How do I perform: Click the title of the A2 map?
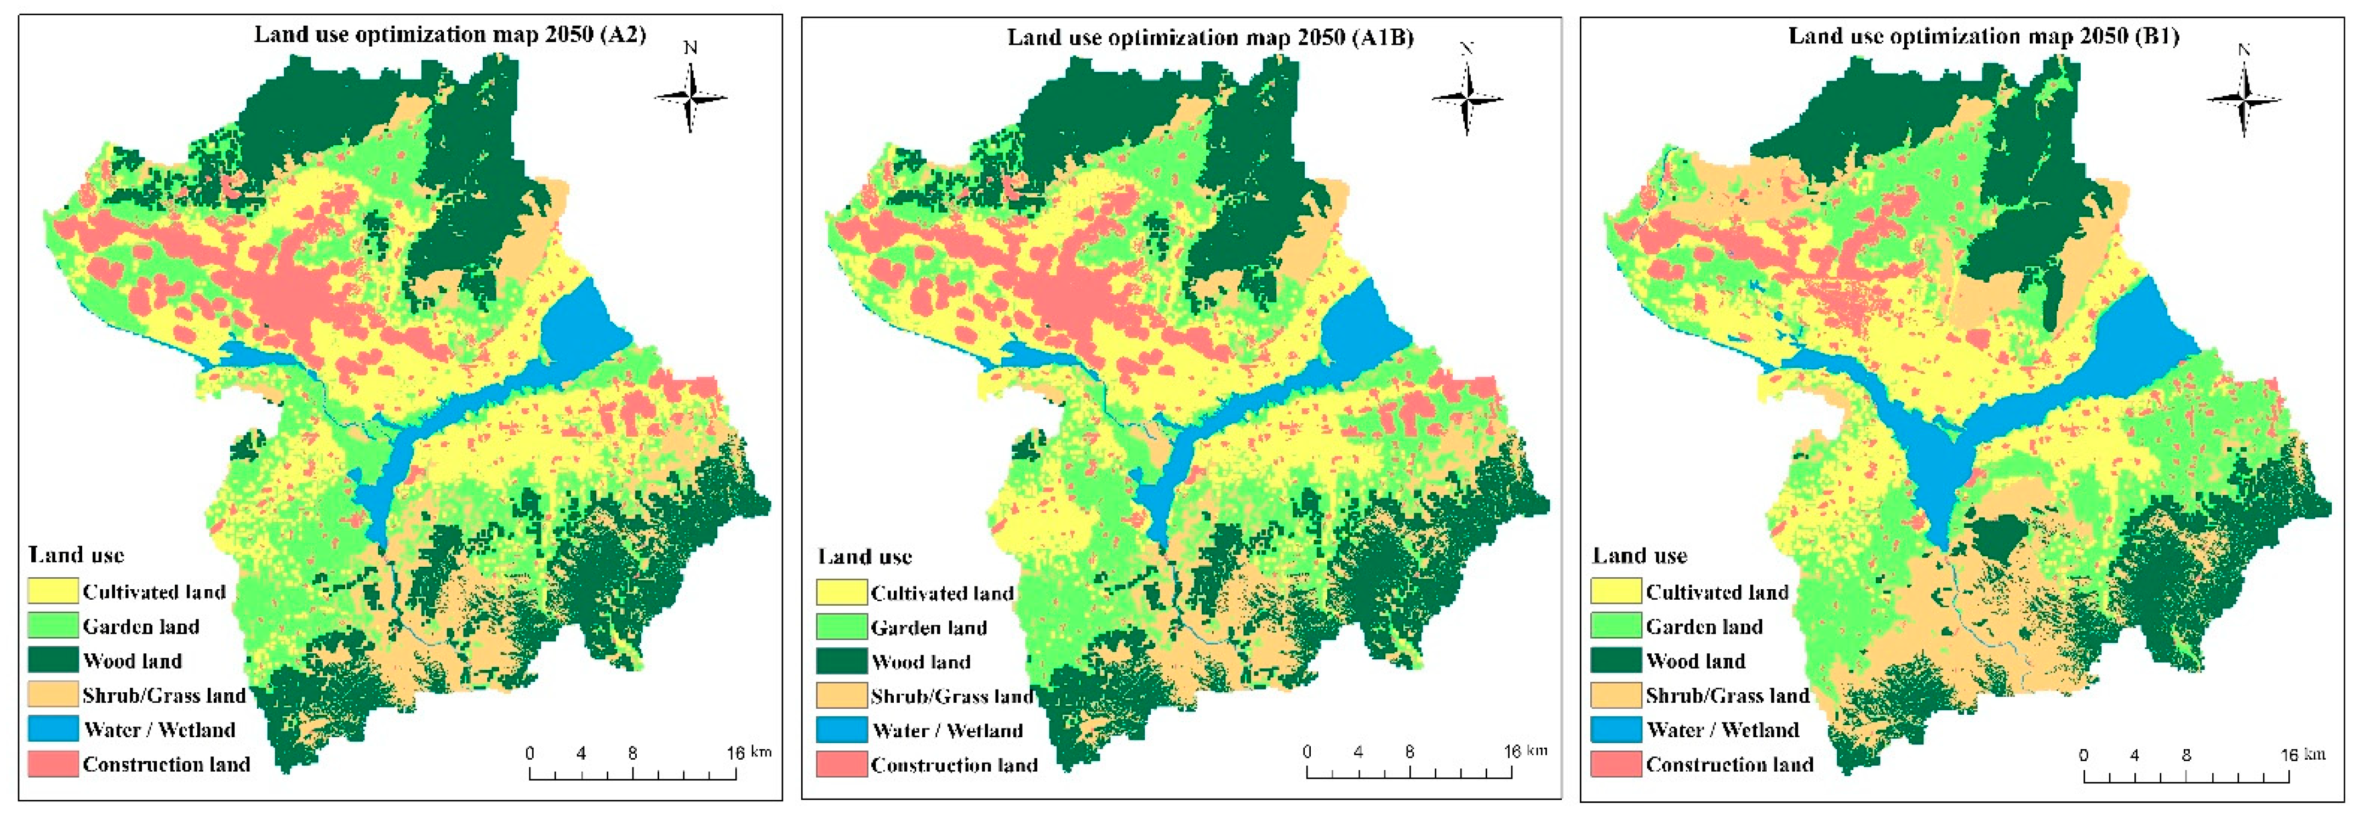coord(449,35)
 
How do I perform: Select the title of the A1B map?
coord(1210,37)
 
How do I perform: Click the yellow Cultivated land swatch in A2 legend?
coord(52,591)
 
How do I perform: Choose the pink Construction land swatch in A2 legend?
coord(52,764)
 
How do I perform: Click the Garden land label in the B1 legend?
coord(1704,627)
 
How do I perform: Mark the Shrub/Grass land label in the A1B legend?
coord(952,697)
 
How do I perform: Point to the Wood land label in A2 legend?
coord(133,661)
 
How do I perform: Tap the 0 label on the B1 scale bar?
coord(2083,755)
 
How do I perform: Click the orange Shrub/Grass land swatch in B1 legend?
coord(1615,695)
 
